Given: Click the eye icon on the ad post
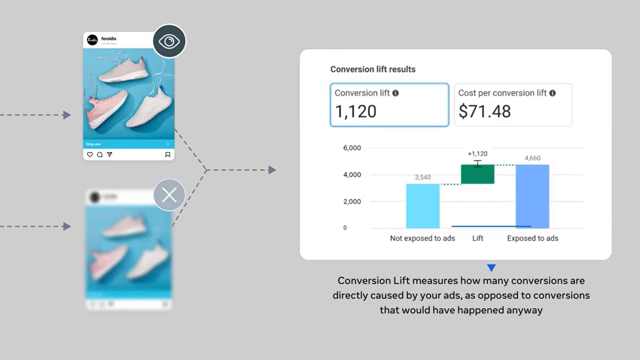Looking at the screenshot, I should (169, 41).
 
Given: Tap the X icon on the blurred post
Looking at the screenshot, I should (169, 195).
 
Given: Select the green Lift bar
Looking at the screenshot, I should (477, 174).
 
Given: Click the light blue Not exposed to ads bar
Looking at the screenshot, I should (423, 206).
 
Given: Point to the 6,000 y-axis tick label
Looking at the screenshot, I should (352, 148).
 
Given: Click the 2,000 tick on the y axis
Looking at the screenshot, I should (352, 202).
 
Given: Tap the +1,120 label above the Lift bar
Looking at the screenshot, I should (477, 154).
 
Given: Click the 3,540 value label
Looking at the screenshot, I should (423, 177).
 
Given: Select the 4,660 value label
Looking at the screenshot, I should (532, 158).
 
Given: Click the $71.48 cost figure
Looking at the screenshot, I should (484, 111).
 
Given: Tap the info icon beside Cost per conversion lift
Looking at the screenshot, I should (552, 93).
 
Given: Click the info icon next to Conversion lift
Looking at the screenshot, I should (395, 93).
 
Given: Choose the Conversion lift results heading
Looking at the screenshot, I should (373, 69).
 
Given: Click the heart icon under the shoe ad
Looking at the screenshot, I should (90, 155).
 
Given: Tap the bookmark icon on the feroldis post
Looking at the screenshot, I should (168, 155).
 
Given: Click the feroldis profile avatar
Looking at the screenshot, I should (92, 40).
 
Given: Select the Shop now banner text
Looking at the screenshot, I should (93, 144).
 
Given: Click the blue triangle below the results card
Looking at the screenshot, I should (491, 267).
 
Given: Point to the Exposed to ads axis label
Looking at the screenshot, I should (533, 238).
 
